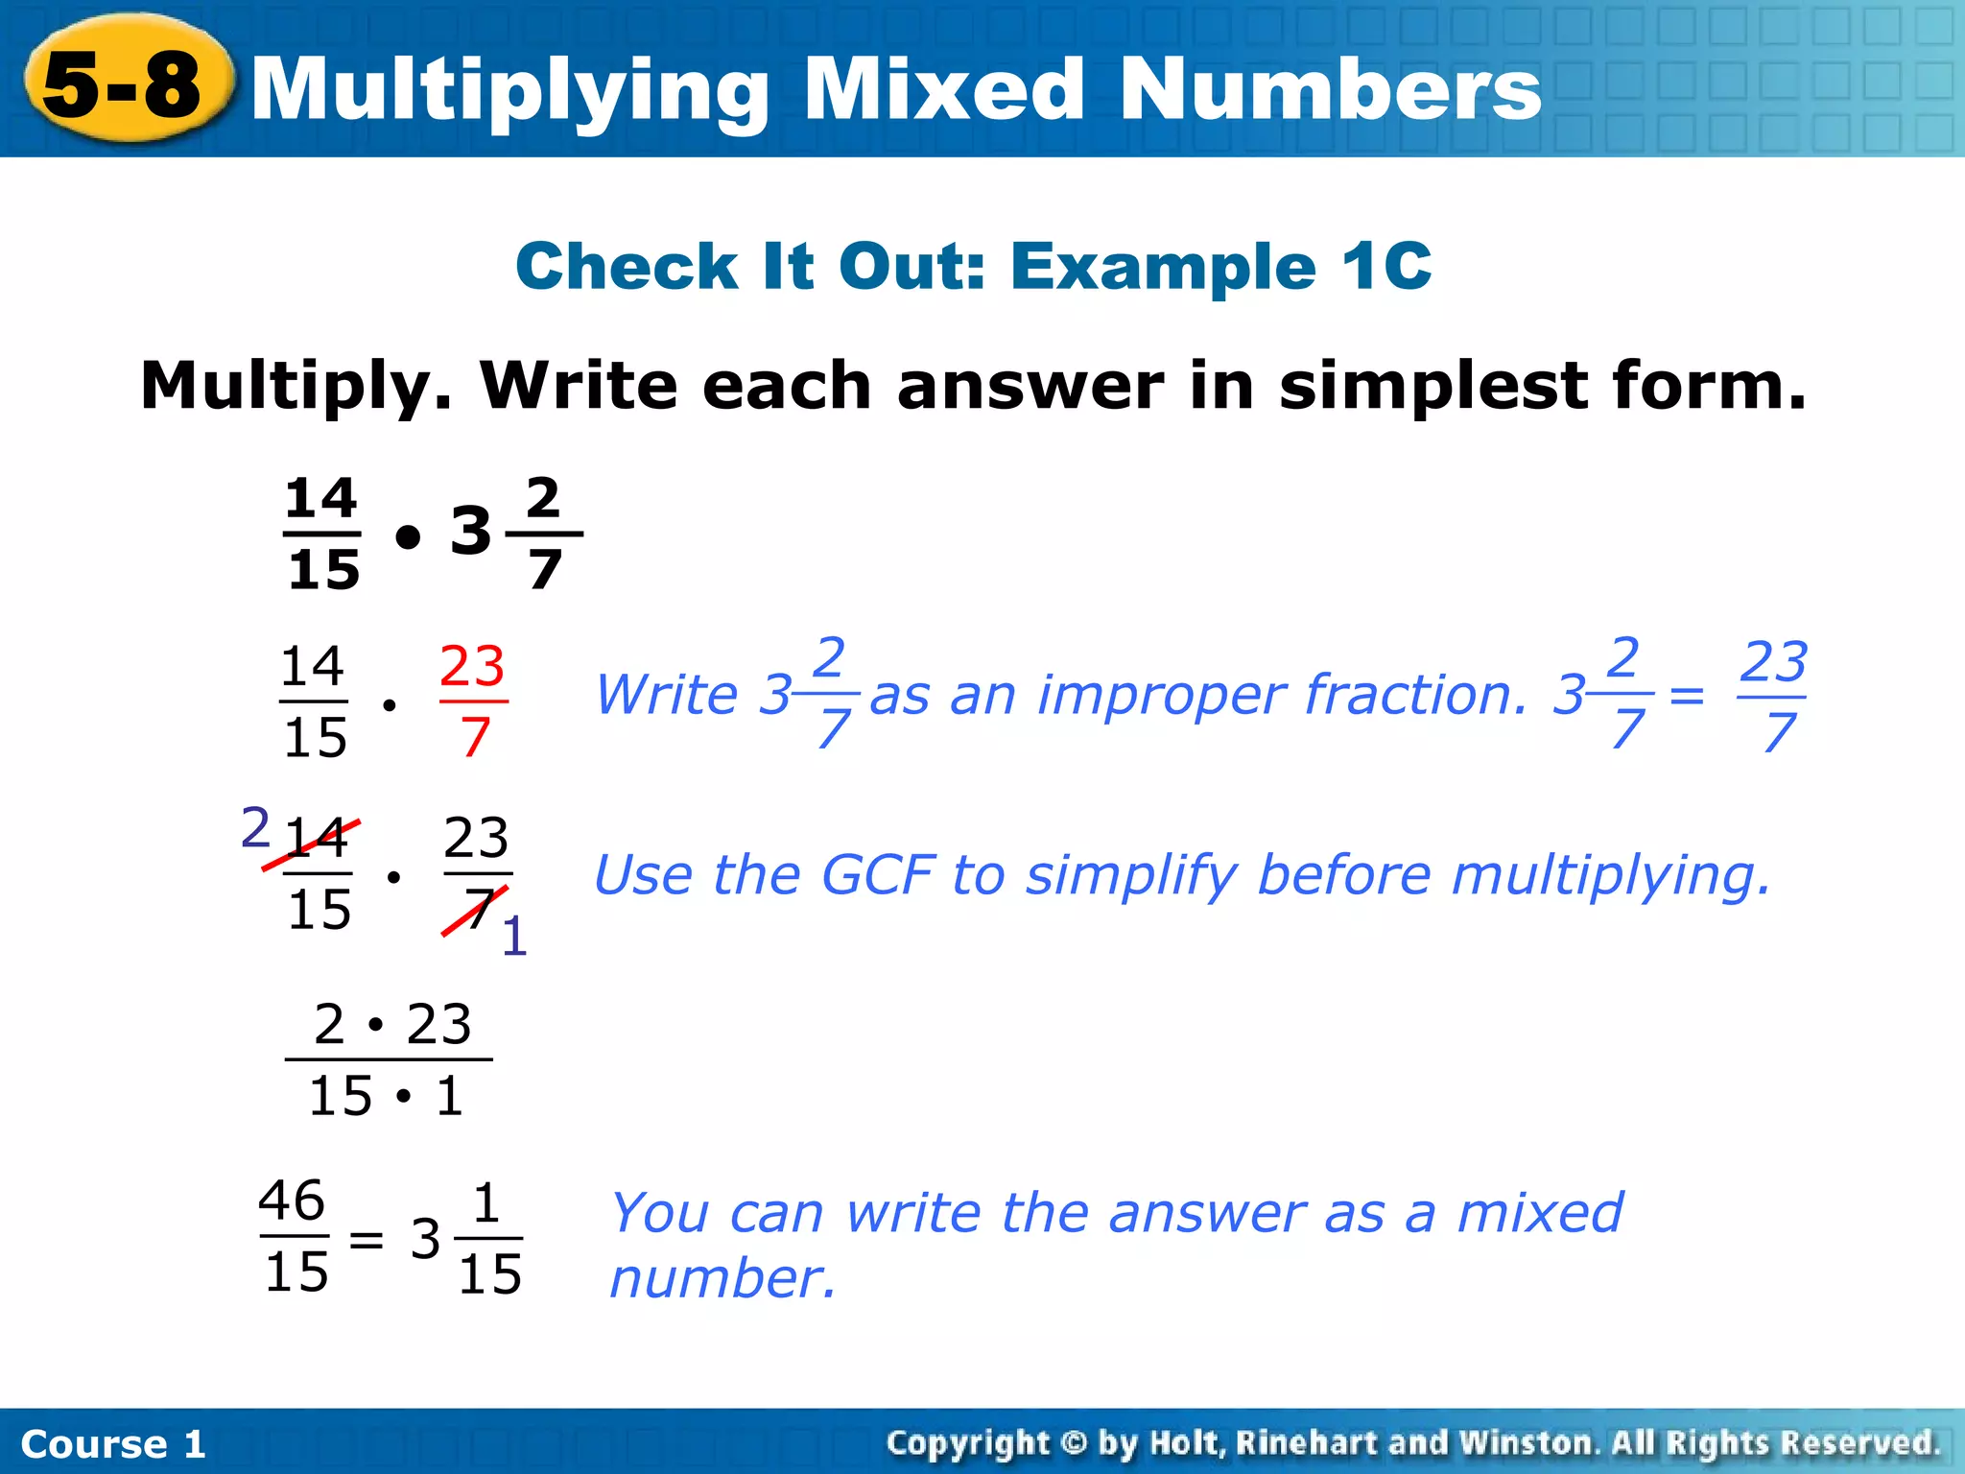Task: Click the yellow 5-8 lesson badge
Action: (125, 84)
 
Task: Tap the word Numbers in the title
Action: (1330, 88)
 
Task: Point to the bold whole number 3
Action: (470, 532)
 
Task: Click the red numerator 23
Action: (472, 666)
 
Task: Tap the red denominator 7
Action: (475, 737)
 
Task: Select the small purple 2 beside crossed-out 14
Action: (255, 827)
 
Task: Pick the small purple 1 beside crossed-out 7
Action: (514, 937)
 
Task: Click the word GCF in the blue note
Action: (877, 875)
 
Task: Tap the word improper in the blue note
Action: (1156, 695)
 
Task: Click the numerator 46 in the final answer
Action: (293, 1201)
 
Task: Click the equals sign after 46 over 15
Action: (366, 1240)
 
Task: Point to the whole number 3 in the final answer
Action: (425, 1240)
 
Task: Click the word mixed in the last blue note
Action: (1539, 1213)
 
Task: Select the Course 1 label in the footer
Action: (113, 1444)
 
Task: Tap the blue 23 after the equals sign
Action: (1773, 662)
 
